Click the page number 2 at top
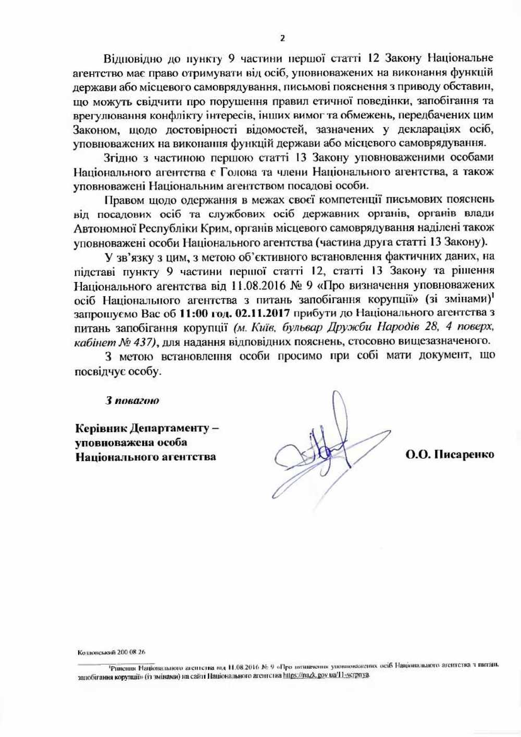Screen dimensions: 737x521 (x=282, y=38)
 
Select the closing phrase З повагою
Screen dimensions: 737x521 (x=132, y=401)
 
